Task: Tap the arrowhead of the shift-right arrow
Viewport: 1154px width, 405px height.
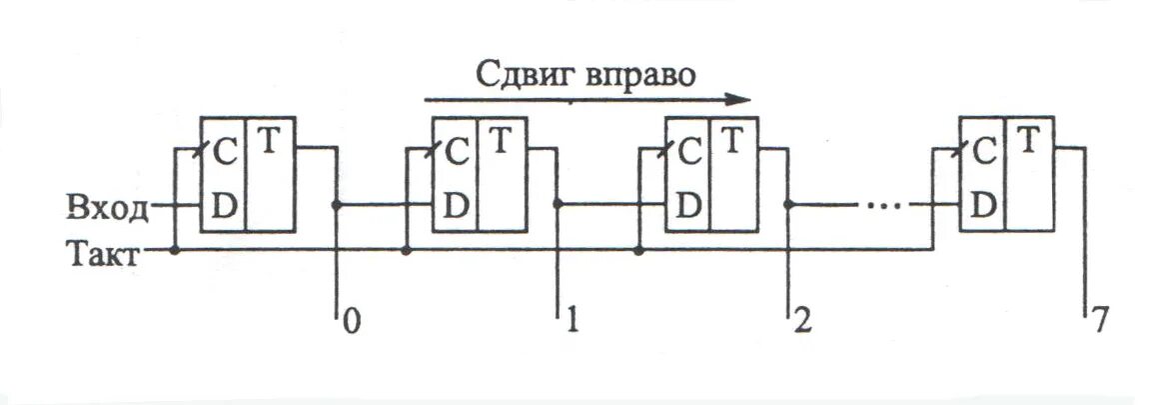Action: tap(739, 99)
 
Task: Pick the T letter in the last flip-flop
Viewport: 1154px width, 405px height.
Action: tap(1029, 141)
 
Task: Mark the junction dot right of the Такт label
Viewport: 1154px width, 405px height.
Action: tap(175, 250)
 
